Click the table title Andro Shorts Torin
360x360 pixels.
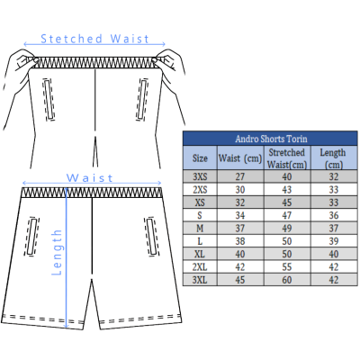tap(271, 139)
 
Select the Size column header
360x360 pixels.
tap(200, 158)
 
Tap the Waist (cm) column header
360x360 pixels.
tap(240, 158)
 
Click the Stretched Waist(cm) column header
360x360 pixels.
tap(287, 158)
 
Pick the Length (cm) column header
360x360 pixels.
tap(333, 158)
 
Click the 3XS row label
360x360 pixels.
tap(200, 176)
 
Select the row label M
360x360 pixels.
tap(200, 229)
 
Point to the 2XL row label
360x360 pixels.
tap(200, 267)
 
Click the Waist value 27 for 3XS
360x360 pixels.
tap(240, 176)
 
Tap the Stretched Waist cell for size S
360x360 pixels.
tap(287, 215)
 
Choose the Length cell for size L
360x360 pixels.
tap(334, 241)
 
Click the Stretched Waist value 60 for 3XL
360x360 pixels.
tap(287, 280)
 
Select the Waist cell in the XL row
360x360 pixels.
tap(240, 254)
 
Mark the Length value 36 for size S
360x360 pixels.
tap(334, 215)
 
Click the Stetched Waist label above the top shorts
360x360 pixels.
tap(94, 39)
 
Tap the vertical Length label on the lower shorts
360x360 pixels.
tap(57, 252)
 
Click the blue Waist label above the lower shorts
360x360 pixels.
tap(89, 178)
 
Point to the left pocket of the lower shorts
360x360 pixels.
tap(31, 237)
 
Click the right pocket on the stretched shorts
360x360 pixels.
tap(142, 99)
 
